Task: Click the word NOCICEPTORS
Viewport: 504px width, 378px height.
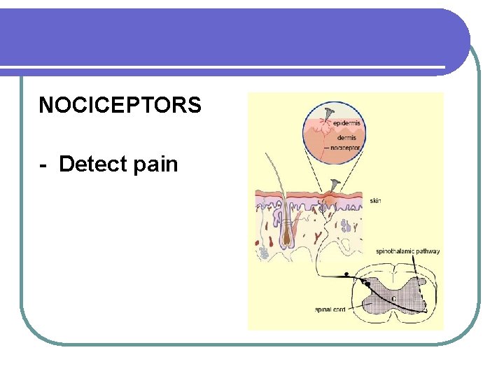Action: (120, 105)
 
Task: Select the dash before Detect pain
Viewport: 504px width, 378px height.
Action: (43, 165)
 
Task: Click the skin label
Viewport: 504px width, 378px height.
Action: (375, 201)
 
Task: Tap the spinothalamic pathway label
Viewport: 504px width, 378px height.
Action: (407, 251)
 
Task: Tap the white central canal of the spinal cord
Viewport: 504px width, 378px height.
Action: (394, 300)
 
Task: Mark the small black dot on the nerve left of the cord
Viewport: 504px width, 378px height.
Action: (345, 274)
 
